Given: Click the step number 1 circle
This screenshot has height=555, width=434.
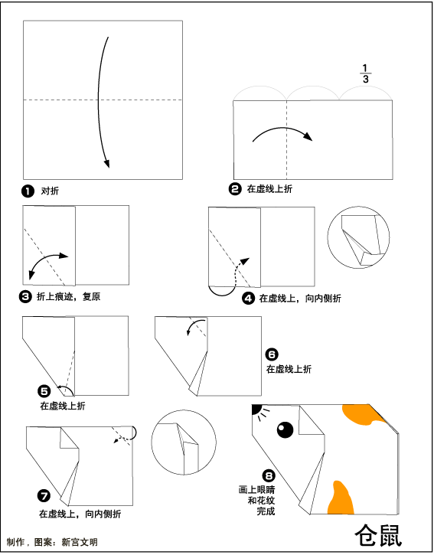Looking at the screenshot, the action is (x=28, y=191).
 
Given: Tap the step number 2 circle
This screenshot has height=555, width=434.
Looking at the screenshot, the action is (x=235, y=189).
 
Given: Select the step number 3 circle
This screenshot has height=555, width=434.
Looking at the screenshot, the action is (x=25, y=296).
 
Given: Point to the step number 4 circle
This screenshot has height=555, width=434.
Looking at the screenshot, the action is (x=248, y=299).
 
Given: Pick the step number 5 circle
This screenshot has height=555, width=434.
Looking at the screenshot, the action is (x=44, y=391).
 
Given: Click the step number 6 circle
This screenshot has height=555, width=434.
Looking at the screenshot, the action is (x=272, y=354).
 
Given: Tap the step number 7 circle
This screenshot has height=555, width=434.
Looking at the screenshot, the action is (x=44, y=496).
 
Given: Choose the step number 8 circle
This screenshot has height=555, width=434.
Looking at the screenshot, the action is (x=269, y=475).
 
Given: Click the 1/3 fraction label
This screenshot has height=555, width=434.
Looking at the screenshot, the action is (x=365, y=73).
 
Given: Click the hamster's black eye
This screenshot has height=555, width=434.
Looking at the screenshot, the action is (x=285, y=429).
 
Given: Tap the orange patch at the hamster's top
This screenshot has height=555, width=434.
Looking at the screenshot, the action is (x=364, y=414).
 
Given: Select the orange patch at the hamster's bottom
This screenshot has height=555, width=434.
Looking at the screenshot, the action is (x=341, y=498).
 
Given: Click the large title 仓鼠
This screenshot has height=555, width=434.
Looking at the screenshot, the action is (x=378, y=535).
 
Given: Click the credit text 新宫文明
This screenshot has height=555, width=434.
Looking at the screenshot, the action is (x=80, y=542).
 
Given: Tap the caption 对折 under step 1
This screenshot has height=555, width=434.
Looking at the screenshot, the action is (x=50, y=191).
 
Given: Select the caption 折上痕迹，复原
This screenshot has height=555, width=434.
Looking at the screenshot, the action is (x=68, y=296).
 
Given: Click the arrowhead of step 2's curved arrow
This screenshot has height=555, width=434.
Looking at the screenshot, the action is (x=308, y=136).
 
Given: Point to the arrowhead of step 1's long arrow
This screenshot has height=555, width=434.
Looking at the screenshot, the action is (x=106, y=164).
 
